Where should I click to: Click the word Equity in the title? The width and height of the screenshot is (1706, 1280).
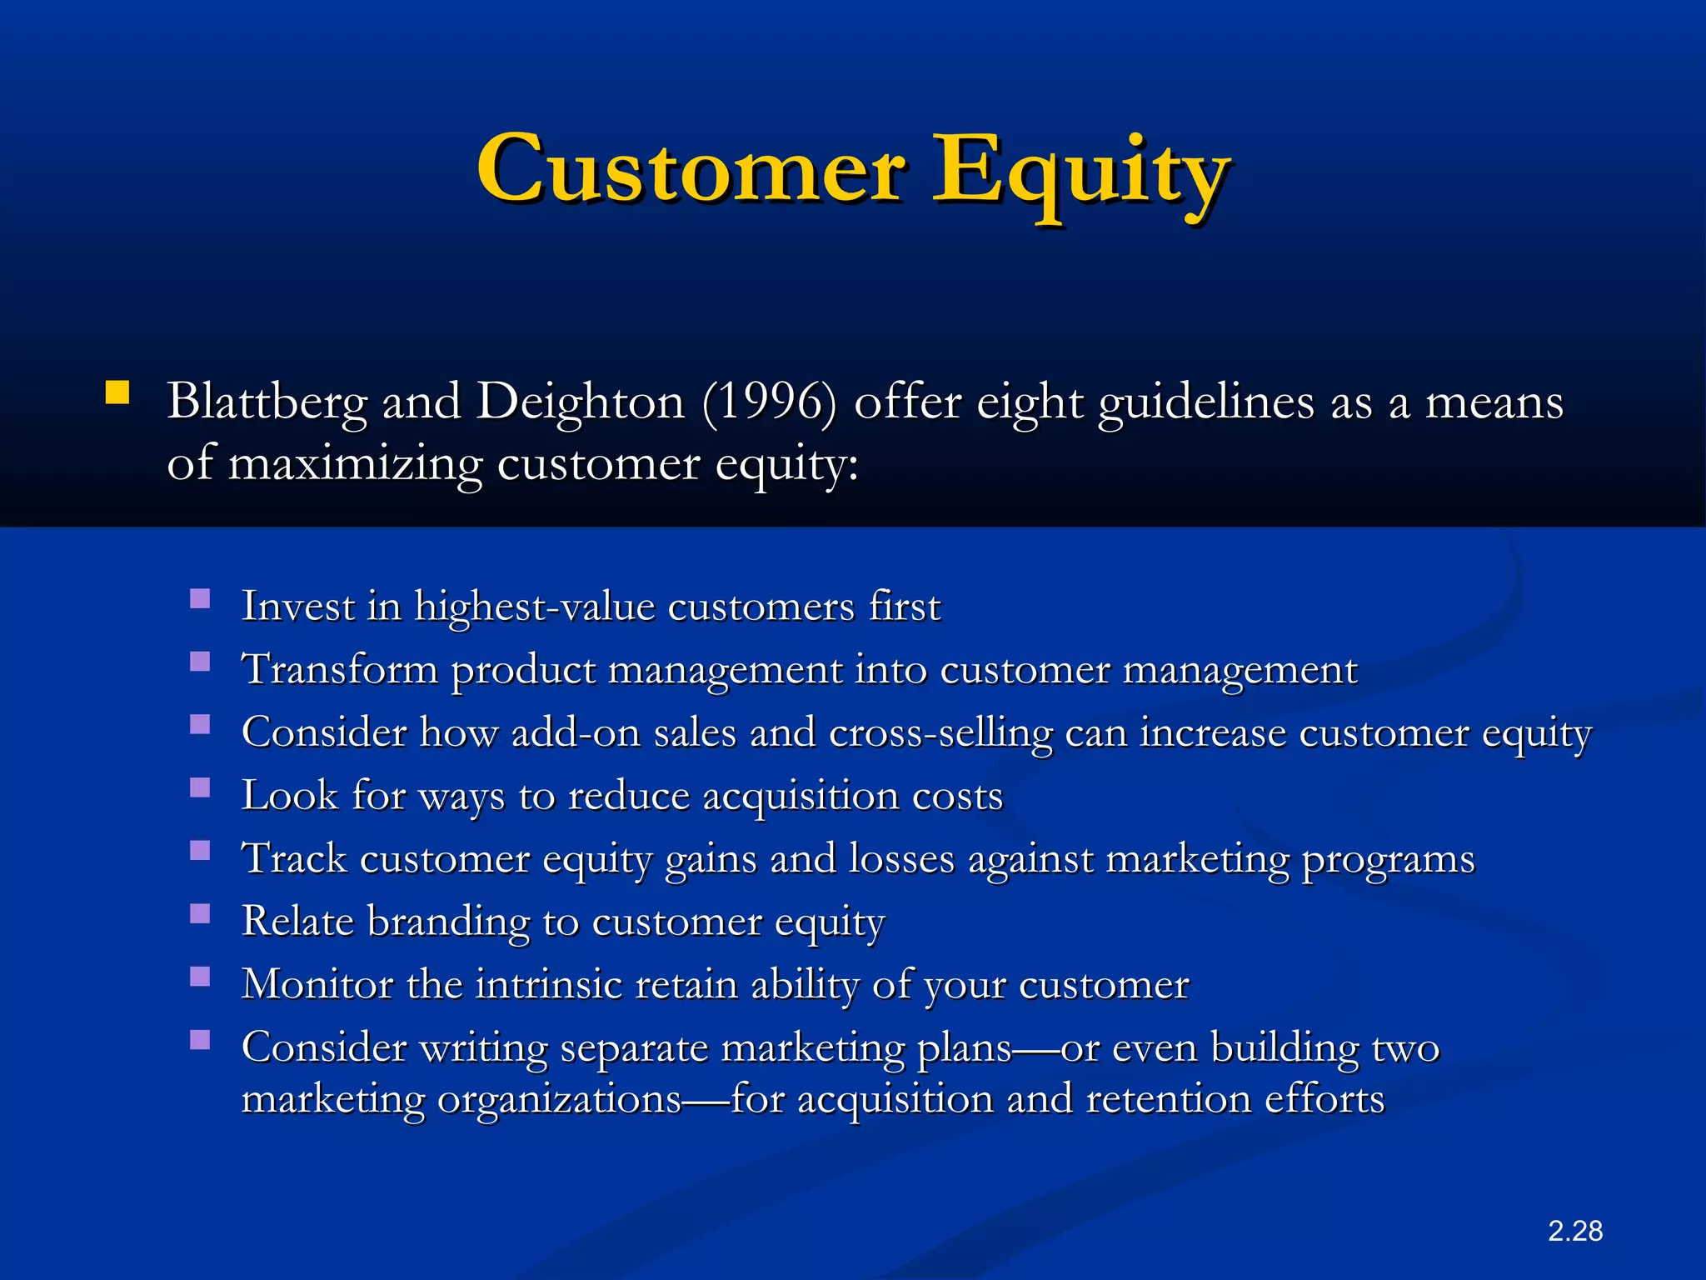click(1080, 175)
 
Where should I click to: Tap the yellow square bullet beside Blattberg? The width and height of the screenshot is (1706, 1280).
click(117, 393)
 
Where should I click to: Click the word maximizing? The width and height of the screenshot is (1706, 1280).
click(356, 465)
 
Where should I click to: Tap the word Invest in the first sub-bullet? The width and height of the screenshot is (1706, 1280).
click(297, 606)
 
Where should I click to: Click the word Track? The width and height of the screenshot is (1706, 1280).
click(294, 858)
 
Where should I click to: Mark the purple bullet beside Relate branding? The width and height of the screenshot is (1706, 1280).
click(200, 914)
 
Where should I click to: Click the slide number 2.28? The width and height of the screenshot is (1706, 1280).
click(1575, 1231)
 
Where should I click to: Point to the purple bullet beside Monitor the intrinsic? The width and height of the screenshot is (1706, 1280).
click(200, 977)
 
